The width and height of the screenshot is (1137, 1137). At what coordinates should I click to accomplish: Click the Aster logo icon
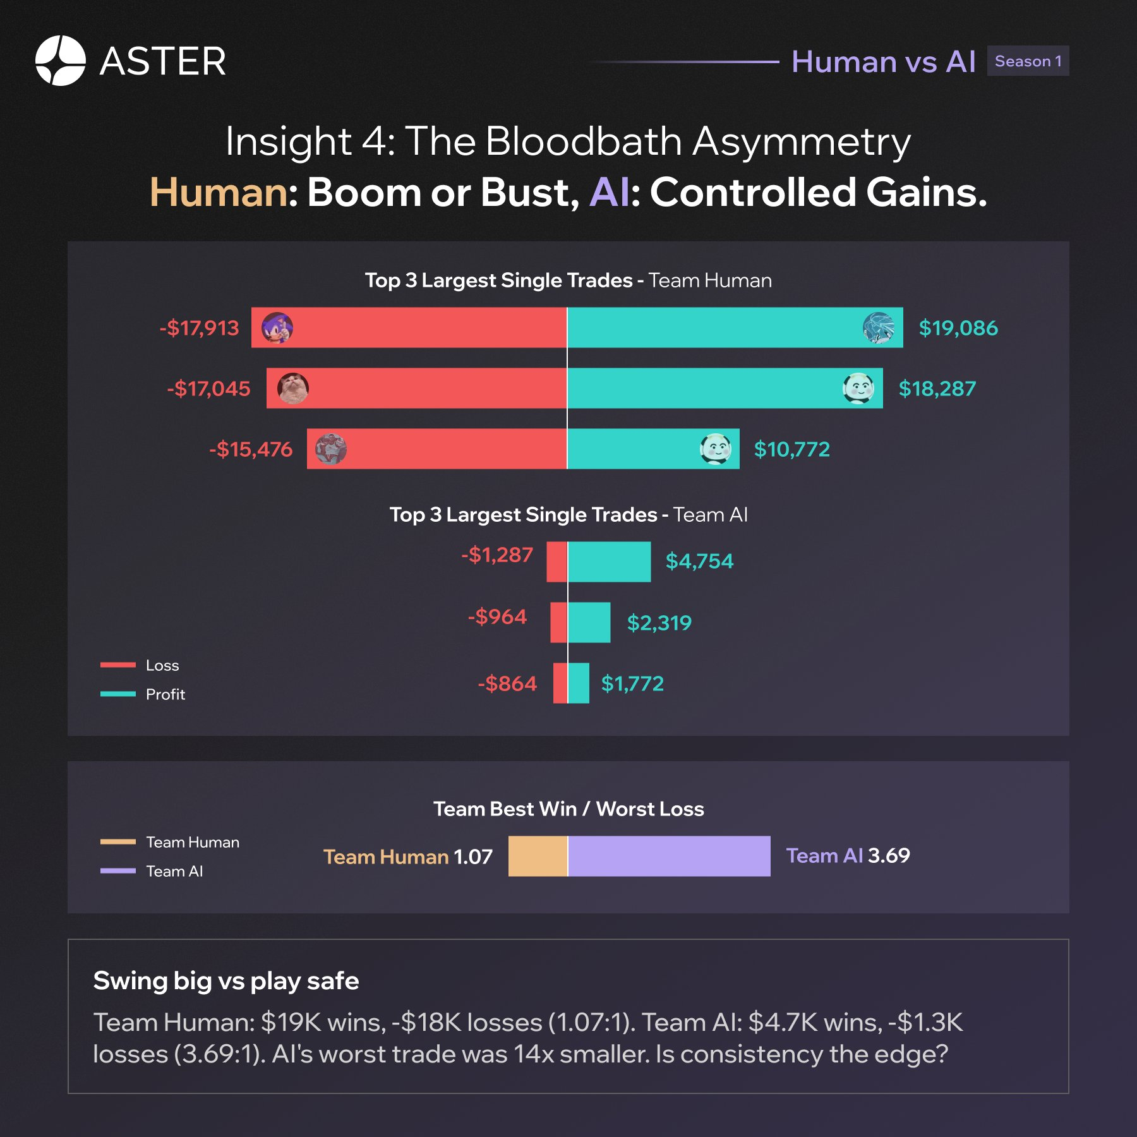60,61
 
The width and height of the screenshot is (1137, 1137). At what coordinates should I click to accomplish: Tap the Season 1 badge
1027,61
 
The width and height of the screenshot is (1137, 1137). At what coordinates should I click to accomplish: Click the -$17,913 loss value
199,328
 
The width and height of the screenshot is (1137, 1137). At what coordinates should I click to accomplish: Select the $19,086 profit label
958,328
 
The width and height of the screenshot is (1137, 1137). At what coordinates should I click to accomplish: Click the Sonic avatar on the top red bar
277,328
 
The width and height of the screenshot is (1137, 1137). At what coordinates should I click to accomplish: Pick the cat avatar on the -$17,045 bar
293,388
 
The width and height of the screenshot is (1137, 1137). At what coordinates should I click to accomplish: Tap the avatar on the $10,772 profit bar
715,448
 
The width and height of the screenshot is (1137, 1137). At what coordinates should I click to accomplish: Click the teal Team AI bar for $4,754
609,562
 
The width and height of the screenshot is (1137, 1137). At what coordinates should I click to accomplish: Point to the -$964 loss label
497,617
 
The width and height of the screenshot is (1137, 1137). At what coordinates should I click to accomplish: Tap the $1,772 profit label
632,683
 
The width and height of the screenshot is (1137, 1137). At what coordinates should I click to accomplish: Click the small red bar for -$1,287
556,562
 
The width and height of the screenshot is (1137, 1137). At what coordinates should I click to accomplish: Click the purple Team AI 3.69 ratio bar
669,856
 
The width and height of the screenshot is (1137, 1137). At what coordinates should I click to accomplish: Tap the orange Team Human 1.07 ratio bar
538,856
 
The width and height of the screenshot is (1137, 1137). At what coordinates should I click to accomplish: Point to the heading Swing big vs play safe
226,981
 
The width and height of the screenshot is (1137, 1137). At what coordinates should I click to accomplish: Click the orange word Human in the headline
219,192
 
